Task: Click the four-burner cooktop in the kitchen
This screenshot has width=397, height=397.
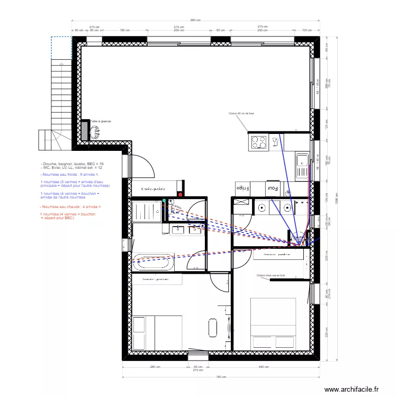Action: click(259, 142)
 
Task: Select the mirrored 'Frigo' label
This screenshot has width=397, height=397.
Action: click(242, 188)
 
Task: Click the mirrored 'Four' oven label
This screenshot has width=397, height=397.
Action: click(273, 188)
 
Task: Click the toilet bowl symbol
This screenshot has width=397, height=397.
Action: click(176, 209)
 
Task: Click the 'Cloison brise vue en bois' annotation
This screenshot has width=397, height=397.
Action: click(270, 275)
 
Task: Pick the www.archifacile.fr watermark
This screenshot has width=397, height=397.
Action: click(351, 389)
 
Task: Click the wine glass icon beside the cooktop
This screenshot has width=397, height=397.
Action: click(275, 141)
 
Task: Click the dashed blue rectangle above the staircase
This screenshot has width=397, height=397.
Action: click(61, 47)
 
